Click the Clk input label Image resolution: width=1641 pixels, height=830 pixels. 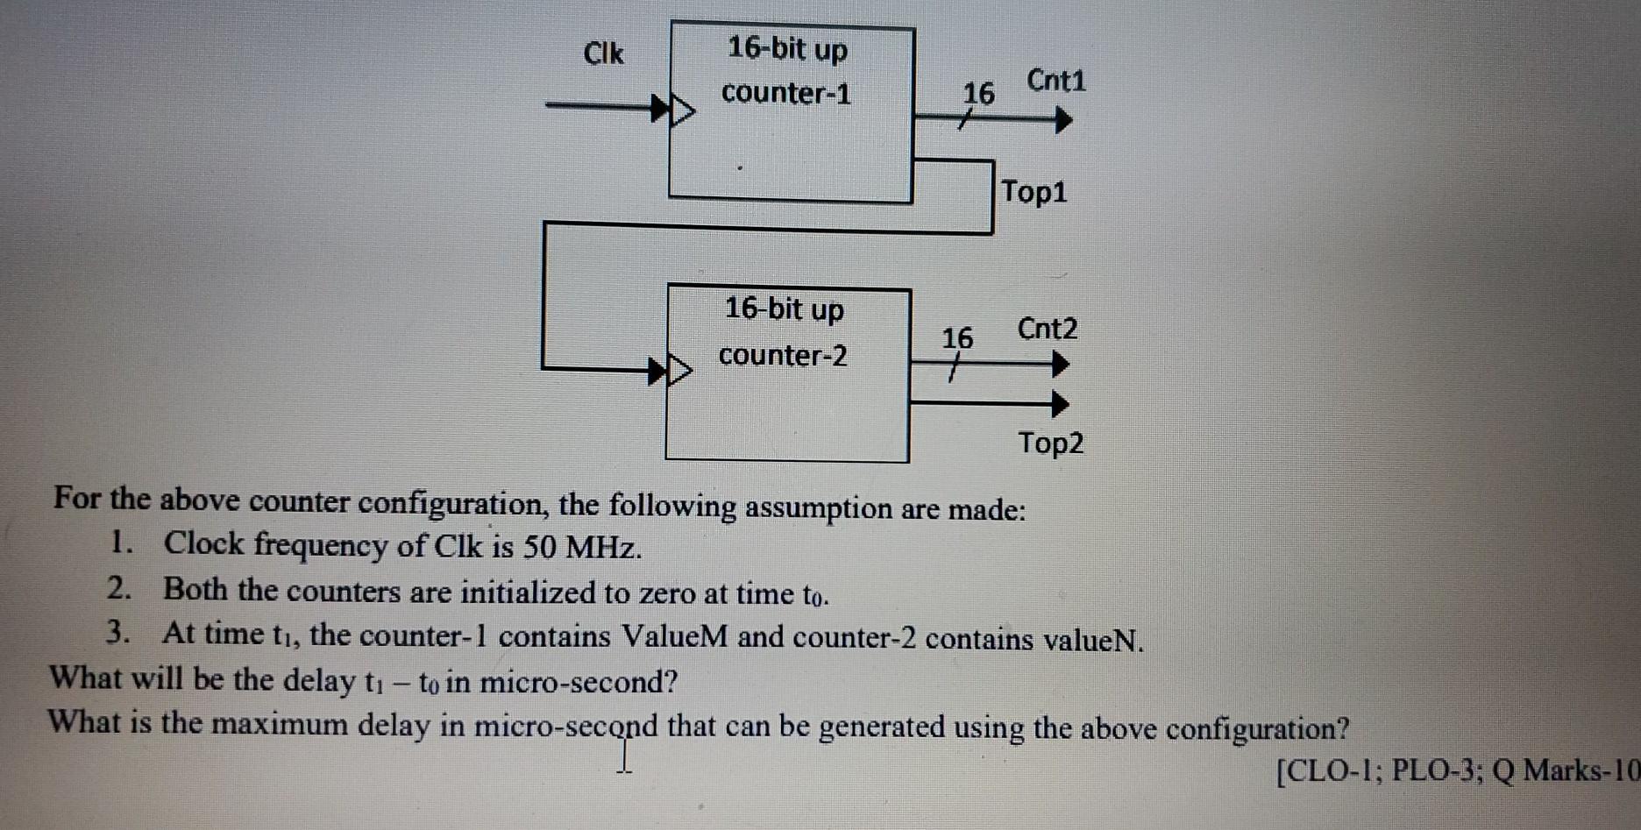click(x=603, y=54)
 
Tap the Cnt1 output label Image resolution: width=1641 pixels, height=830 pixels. click(x=1055, y=82)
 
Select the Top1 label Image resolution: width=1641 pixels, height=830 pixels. click(x=1034, y=191)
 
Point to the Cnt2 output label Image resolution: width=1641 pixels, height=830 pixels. click(x=1048, y=330)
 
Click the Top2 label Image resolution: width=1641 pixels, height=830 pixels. click(x=1050, y=443)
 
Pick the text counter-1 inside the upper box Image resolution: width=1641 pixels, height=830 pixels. click(x=786, y=93)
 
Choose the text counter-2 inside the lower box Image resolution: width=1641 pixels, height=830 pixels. click(x=783, y=356)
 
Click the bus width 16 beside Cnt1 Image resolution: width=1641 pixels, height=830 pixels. click(x=978, y=94)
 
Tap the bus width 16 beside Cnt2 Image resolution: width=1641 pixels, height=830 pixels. click(x=957, y=338)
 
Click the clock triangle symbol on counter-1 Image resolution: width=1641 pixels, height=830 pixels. click(x=683, y=111)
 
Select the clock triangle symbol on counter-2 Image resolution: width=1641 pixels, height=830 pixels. click(x=680, y=371)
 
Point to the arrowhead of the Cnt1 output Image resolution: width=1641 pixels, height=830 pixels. click(x=1063, y=120)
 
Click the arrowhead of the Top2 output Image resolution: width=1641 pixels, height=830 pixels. click(x=1061, y=404)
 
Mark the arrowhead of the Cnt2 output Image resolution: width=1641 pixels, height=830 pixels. click(x=1061, y=364)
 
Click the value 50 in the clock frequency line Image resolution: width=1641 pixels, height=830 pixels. click(x=540, y=548)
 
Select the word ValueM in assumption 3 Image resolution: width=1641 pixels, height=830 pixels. click(x=674, y=636)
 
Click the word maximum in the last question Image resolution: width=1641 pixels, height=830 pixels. click(x=279, y=725)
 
